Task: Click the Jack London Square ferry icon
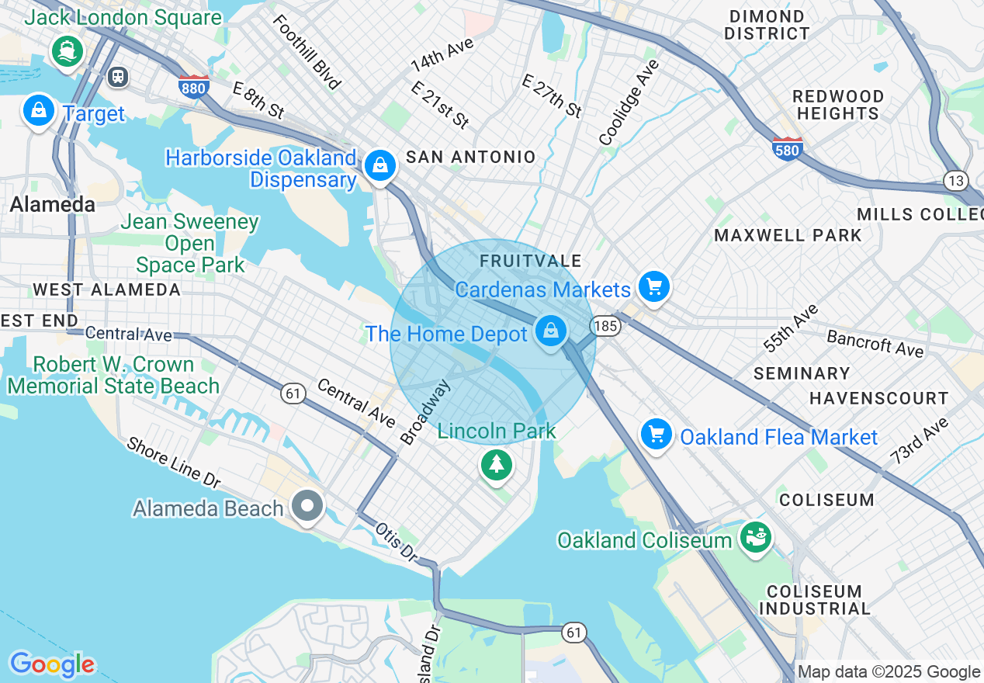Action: pos(67,51)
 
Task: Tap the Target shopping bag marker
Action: pos(38,111)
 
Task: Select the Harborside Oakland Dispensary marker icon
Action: pos(380,165)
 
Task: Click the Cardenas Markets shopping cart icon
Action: pos(654,286)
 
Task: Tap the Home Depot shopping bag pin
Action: pos(550,331)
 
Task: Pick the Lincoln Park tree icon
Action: pos(496,465)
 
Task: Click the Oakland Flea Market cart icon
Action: pos(657,434)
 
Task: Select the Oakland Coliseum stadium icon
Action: pos(754,536)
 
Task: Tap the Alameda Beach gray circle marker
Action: pos(307,506)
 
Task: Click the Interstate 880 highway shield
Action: pos(192,86)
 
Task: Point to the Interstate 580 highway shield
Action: pos(787,148)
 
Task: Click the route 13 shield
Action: pos(956,181)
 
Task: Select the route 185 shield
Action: pos(605,326)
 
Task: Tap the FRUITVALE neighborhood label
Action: pos(530,262)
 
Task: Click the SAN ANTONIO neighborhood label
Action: pos(470,157)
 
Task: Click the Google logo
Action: pos(52,664)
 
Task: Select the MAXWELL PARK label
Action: pos(788,235)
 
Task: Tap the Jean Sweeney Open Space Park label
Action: pos(190,243)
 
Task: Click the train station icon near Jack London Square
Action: pos(118,76)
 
